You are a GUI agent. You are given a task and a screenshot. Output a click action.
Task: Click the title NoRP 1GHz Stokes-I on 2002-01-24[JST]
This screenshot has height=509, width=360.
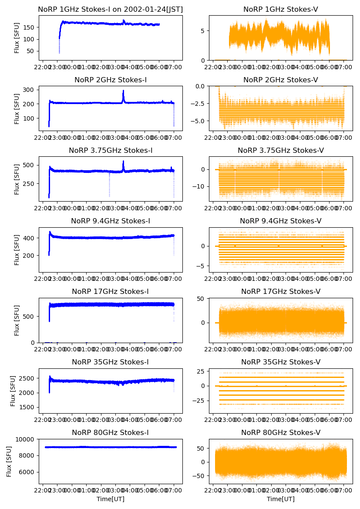pyautogui.click(x=111, y=9)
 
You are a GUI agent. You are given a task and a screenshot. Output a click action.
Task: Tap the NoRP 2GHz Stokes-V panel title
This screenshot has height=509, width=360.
pyautogui.click(x=281, y=80)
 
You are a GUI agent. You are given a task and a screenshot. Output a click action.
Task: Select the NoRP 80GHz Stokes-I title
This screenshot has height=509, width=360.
pyautogui.click(x=111, y=432)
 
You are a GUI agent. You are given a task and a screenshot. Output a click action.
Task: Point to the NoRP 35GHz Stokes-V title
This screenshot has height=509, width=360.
pyautogui.click(x=281, y=362)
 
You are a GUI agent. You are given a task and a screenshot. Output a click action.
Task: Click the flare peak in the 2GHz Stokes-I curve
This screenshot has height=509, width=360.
pyautogui.click(x=123, y=91)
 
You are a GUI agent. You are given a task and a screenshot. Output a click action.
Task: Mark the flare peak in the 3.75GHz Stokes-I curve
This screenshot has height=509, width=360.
pyautogui.click(x=123, y=162)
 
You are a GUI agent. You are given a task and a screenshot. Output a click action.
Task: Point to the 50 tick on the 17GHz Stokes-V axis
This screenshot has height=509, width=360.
pyautogui.click(x=202, y=299)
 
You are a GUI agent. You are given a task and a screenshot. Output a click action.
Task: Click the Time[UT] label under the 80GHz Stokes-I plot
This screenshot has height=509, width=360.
pyautogui.click(x=111, y=499)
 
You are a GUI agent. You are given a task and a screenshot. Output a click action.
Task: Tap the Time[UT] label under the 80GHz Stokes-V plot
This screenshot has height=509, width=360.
pyautogui.click(x=281, y=499)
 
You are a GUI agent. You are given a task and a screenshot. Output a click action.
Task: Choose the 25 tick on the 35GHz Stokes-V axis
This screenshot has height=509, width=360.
pyautogui.click(x=202, y=371)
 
